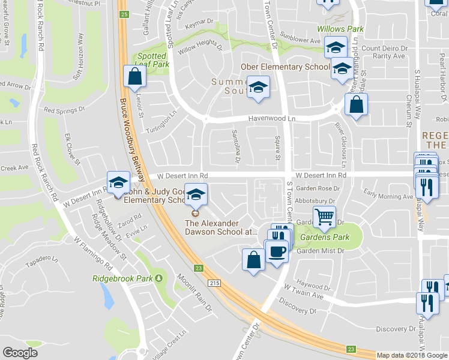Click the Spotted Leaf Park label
(x=151, y=60)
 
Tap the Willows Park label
(x=341, y=29)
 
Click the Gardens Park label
(x=325, y=238)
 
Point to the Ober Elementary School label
(x=285, y=67)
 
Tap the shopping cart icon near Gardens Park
(x=325, y=217)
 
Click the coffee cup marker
(x=277, y=251)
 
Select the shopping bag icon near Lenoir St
(x=134, y=76)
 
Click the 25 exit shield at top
(x=124, y=13)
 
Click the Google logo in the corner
(x=20, y=352)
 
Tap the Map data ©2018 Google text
(x=412, y=355)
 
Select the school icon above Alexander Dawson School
(x=196, y=194)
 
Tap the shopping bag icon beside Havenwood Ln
(x=357, y=105)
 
